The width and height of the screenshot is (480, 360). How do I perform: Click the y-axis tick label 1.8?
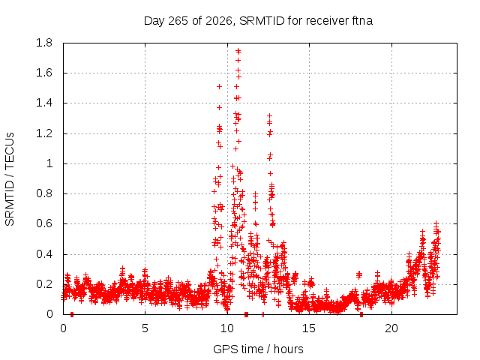point(44,43)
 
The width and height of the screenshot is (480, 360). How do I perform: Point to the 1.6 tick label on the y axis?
point(44,73)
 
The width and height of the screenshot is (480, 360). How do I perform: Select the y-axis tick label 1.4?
point(44,103)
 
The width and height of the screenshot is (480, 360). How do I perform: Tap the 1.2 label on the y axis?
point(44,133)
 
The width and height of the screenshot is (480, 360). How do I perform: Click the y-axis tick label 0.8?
point(44,193)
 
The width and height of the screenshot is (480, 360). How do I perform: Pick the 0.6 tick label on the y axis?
point(44,223)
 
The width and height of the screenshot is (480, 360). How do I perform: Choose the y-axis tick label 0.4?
point(44,254)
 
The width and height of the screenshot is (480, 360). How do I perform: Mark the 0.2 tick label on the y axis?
point(44,284)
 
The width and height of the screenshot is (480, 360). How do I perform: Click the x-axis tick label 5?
point(145,328)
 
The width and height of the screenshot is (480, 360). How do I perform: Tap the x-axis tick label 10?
point(226,328)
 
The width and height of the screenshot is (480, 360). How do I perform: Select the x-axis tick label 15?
point(309,328)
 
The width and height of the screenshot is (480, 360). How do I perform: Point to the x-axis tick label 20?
point(391,328)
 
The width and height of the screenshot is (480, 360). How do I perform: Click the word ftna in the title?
point(362,21)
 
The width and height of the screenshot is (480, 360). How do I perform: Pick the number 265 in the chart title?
point(178,21)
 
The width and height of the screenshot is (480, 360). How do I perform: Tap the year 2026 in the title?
point(218,21)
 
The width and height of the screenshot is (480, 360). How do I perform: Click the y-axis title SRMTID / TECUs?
point(10,179)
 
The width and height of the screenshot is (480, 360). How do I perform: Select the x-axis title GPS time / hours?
point(258,349)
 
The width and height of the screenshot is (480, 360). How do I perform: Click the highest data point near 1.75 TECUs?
point(238,50)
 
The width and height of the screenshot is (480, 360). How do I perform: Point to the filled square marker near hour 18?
point(361,314)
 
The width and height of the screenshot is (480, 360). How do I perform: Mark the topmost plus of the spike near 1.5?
point(219,87)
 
